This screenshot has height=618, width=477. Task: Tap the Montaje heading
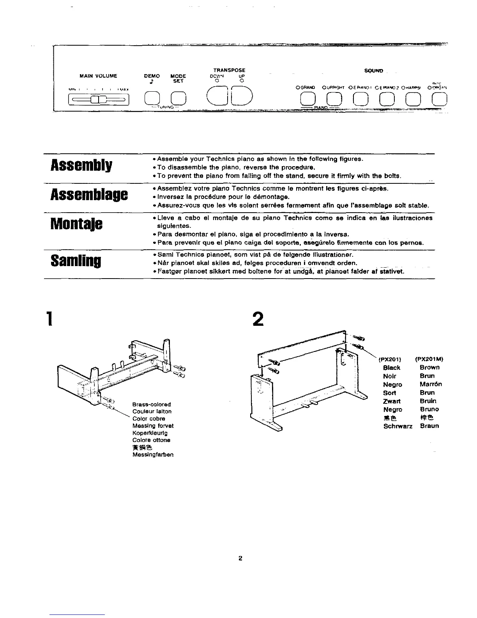(x=76, y=224)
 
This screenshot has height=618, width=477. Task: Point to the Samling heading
(x=76, y=261)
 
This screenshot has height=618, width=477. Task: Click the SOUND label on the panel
(x=374, y=71)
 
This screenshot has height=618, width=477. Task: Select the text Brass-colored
(x=152, y=404)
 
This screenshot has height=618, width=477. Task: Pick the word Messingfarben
(x=153, y=455)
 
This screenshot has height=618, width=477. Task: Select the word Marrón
(x=431, y=384)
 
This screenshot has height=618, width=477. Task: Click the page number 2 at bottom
(x=240, y=558)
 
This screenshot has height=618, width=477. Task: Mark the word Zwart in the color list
(x=391, y=401)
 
